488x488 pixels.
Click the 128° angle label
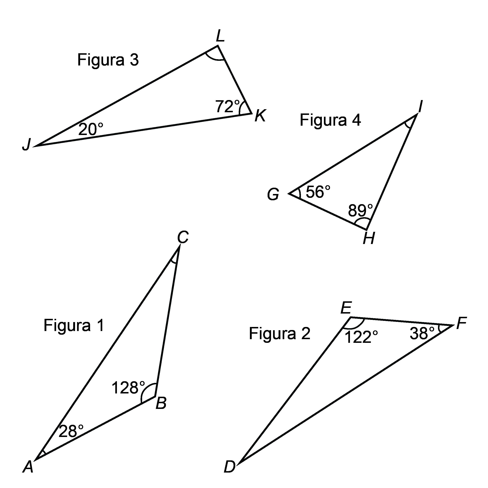pos(128,388)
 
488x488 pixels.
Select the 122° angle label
pos(361,337)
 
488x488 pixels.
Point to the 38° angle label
pos(422,333)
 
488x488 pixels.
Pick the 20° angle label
pos(91,129)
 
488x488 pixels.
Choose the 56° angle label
pos(318,192)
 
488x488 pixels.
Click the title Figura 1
pos(74,325)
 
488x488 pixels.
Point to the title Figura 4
pos(330,120)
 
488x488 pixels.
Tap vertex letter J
pos(26,145)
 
